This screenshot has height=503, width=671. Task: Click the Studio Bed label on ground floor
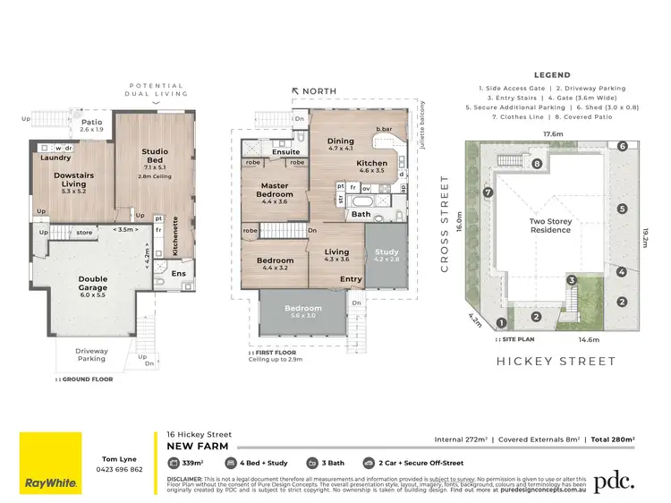click(x=155, y=158)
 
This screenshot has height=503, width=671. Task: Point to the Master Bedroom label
click(x=274, y=190)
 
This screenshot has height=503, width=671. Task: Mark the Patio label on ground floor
click(x=93, y=124)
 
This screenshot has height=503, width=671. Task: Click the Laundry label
click(x=55, y=158)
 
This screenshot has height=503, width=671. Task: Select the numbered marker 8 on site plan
click(x=538, y=164)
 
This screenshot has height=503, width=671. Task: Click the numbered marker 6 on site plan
click(x=621, y=147)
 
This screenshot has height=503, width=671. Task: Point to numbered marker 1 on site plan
click(x=502, y=322)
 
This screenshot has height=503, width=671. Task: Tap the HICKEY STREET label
click(x=556, y=362)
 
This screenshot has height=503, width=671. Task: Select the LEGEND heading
click(x=552, y=75)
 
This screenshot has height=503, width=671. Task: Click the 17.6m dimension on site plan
click(x=552, y=135)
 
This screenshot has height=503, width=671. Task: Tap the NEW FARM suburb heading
click(x=198, y=446)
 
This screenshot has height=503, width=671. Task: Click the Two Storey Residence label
click(x=550, y=226)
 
